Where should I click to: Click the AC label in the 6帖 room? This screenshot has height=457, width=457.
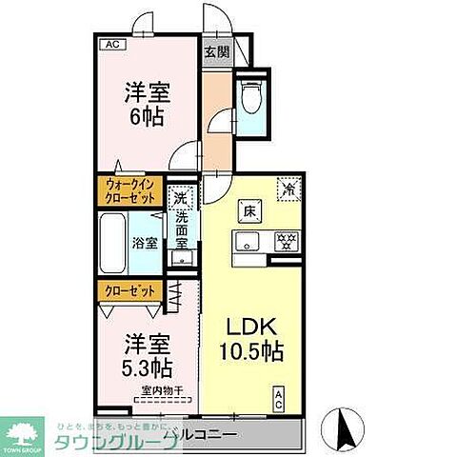tap(111, 44)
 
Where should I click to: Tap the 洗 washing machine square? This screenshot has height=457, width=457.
tap(179, 199)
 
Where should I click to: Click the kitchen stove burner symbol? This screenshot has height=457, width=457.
tap(284, 241)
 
